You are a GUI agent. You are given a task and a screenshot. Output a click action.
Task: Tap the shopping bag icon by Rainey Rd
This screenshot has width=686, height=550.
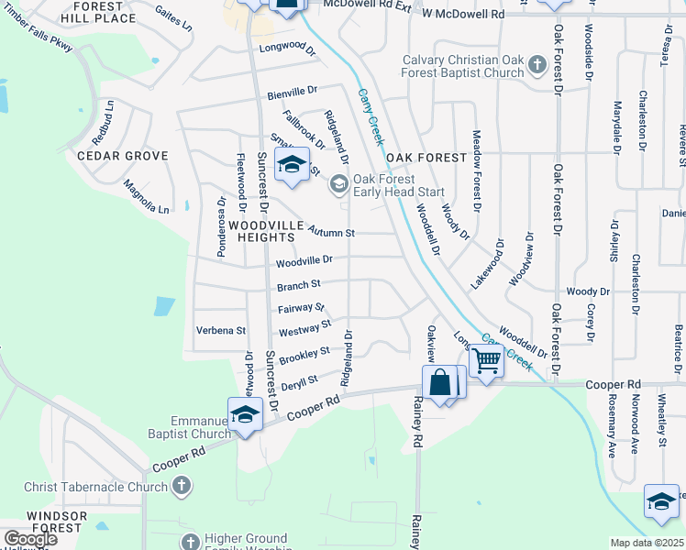coord(440,381)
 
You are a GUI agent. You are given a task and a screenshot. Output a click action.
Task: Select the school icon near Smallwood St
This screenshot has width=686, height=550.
coord(292,165)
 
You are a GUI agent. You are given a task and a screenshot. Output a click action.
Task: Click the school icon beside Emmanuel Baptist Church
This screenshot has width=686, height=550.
coord(245,413)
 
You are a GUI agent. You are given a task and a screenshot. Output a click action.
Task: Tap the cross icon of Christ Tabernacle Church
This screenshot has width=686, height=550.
coord(182,485)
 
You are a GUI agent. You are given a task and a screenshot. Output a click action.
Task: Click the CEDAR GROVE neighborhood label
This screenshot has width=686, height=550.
coord(122,156)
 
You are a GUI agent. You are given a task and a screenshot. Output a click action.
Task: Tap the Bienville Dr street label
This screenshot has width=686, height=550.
coord(292,92)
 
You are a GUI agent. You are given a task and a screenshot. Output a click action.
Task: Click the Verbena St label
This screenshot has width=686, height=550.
coord(221,330)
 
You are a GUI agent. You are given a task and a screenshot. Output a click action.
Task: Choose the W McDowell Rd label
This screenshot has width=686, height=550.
coord(463,15)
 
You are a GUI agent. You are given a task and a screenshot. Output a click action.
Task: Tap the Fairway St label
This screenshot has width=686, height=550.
coord(301,308)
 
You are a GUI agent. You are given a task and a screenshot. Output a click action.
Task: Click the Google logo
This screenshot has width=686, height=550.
coord(29,539)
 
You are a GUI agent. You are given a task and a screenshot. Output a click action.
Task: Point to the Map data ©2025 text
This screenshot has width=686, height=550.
coord(647,543)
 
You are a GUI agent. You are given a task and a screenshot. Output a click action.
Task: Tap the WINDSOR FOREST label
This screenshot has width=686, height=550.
coord(56,522)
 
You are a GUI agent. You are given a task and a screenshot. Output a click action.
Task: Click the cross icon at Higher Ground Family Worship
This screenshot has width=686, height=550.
coord(190,543)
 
